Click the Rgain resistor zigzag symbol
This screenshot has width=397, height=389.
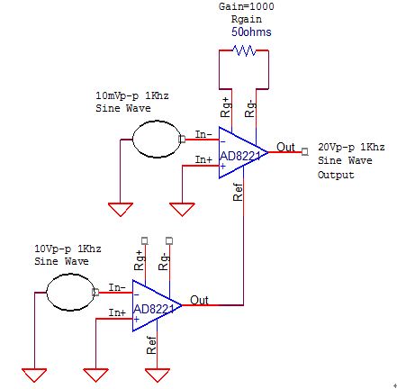pyautogui.click(x=245, y=50)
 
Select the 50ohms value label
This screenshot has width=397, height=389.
pyautogui.click(x=251, y=32)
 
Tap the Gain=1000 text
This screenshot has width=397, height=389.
pyautogui.click(x=247, y=6)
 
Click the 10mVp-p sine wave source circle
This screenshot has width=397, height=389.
pyautogui.click(x=157, y=140)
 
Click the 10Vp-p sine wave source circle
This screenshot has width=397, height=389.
pyautogui.click(x=71, y=292)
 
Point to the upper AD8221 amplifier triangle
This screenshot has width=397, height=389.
pyautogui.click(x=243, y=152)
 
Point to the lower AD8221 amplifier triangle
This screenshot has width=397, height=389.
pyautogui.click(x=157, y=305)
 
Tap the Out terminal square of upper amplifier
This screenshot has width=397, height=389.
pyautogui.click(x=305, y=152)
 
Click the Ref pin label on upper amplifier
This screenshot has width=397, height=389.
pyautogui.click(x=238, y=192)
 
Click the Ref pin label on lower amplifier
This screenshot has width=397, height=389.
pyautogui.click(x=151, y=345)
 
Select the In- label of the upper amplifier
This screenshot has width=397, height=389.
pyautogui.click(x=203, y=134)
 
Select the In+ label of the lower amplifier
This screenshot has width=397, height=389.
pyautogui.click(x=117, y=312)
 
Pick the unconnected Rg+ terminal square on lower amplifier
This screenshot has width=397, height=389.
pyautogui.click(x=145, y=240)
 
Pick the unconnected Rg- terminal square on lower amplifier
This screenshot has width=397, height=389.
pyautogui.click(x=169, y=240)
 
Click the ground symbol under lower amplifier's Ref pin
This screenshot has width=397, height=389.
pyautogui.click(x=158, y=375)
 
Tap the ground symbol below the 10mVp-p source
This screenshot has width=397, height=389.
pyautogui.click(x=121, y=210)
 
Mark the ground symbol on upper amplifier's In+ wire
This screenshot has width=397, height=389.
pyautogui.click(x=182, y=210)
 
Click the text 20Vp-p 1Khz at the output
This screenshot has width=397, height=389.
pyautogui.click(x=351, y=147)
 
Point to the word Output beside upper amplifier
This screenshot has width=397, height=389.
pyautogui.click(x=336, y=175)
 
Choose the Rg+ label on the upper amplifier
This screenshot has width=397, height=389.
pyautogui.click(x=226, y=107)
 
